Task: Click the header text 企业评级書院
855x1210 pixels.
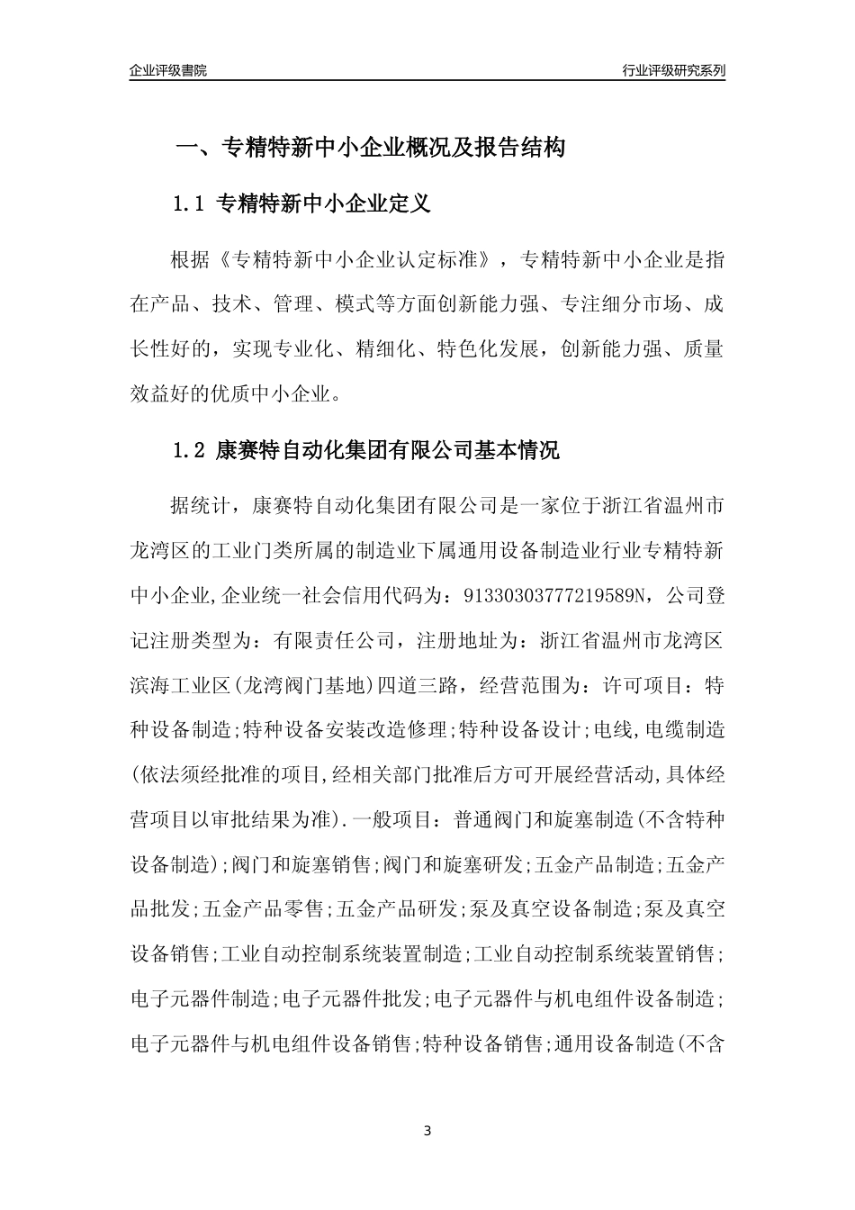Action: (168, 70)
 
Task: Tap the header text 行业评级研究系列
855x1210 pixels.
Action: (673, 70)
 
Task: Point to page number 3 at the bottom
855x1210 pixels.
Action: (427, 1130)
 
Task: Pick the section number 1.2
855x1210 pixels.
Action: (190, 451)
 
